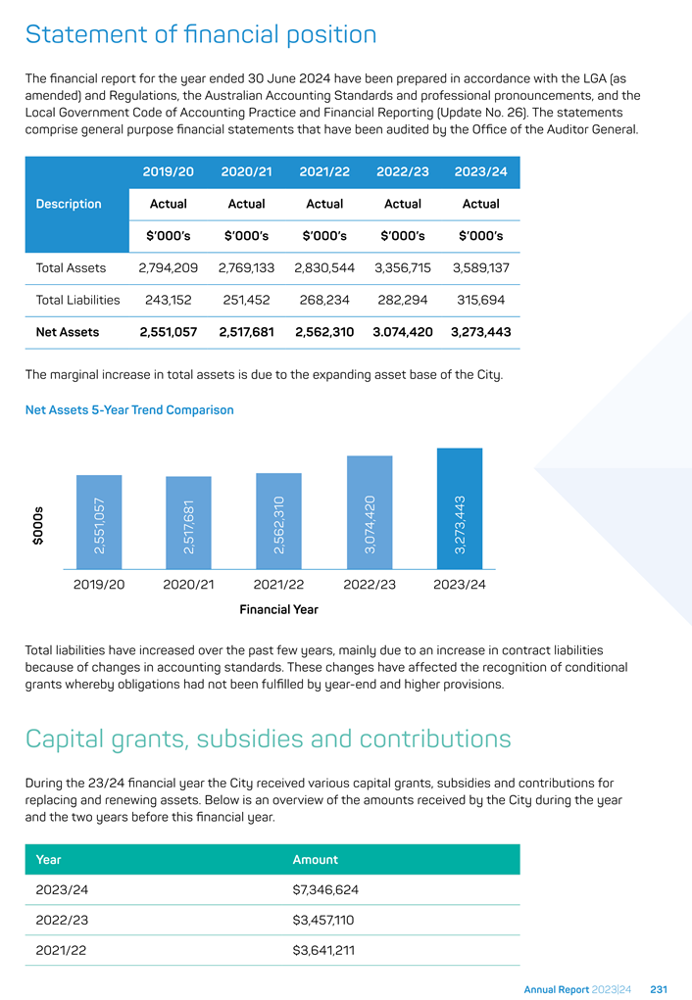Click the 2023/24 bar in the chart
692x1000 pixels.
pyautogui.click(x=460, y=508)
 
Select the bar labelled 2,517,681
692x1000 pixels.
pyautogui.click(x=188, y=522)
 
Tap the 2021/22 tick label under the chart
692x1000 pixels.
pyautogui.click(x=278, y=584)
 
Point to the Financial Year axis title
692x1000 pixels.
pyautogui.click(x=279, y=609)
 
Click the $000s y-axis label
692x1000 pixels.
pyautogui.click(x=38, y=526)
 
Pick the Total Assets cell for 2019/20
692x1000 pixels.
pyautogui.click(x=168, y=267)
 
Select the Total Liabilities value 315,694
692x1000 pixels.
pyautogui.click(x=480, y=300)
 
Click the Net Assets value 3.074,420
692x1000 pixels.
pyautogui.click(x=403, y=332)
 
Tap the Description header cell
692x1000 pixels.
pyautogui.click(x=69, y=204)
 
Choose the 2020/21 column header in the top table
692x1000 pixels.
pyautogui.click(x=246, y=171)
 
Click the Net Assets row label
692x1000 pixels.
pyautogui.click(x=67, y=332)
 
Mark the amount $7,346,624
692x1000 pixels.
pyautogui.click(x=325, y=889)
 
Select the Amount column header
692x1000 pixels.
pyautogui.click(x=316, y=860)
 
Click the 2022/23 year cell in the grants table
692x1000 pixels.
pyautogui.click(x=62, y=920)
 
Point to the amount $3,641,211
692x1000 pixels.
pyautogui.click(x=323, y=950)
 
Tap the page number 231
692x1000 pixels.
pyautogui.click(x=659, y=990)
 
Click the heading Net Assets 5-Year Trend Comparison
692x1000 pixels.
pyautogui.click(x=129, y=410)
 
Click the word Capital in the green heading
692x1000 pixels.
pyautogui.click(x=65, y=739)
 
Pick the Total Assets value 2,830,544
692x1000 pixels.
pyautogui.click(x=324, y=267)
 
